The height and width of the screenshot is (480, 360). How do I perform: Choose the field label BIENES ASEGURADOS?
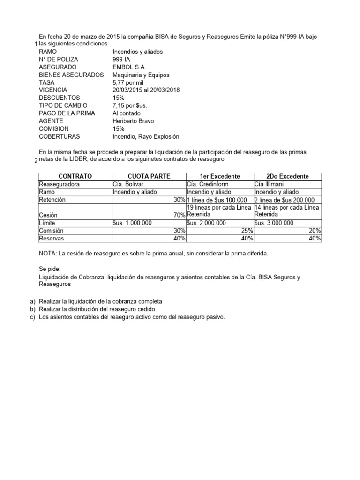[x=72, y=75]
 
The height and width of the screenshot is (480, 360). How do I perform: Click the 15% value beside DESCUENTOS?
[x=119, y=98]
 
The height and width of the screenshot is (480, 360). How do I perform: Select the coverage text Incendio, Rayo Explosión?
[x=146, y=136]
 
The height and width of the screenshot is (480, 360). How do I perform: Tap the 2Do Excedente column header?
[x=287, y=176]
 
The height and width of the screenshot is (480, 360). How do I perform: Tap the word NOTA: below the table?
[x=49, y=254]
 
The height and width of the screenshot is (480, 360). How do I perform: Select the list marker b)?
[x=32, y=309]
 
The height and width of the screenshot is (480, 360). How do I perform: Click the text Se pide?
[x=52, y=270]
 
